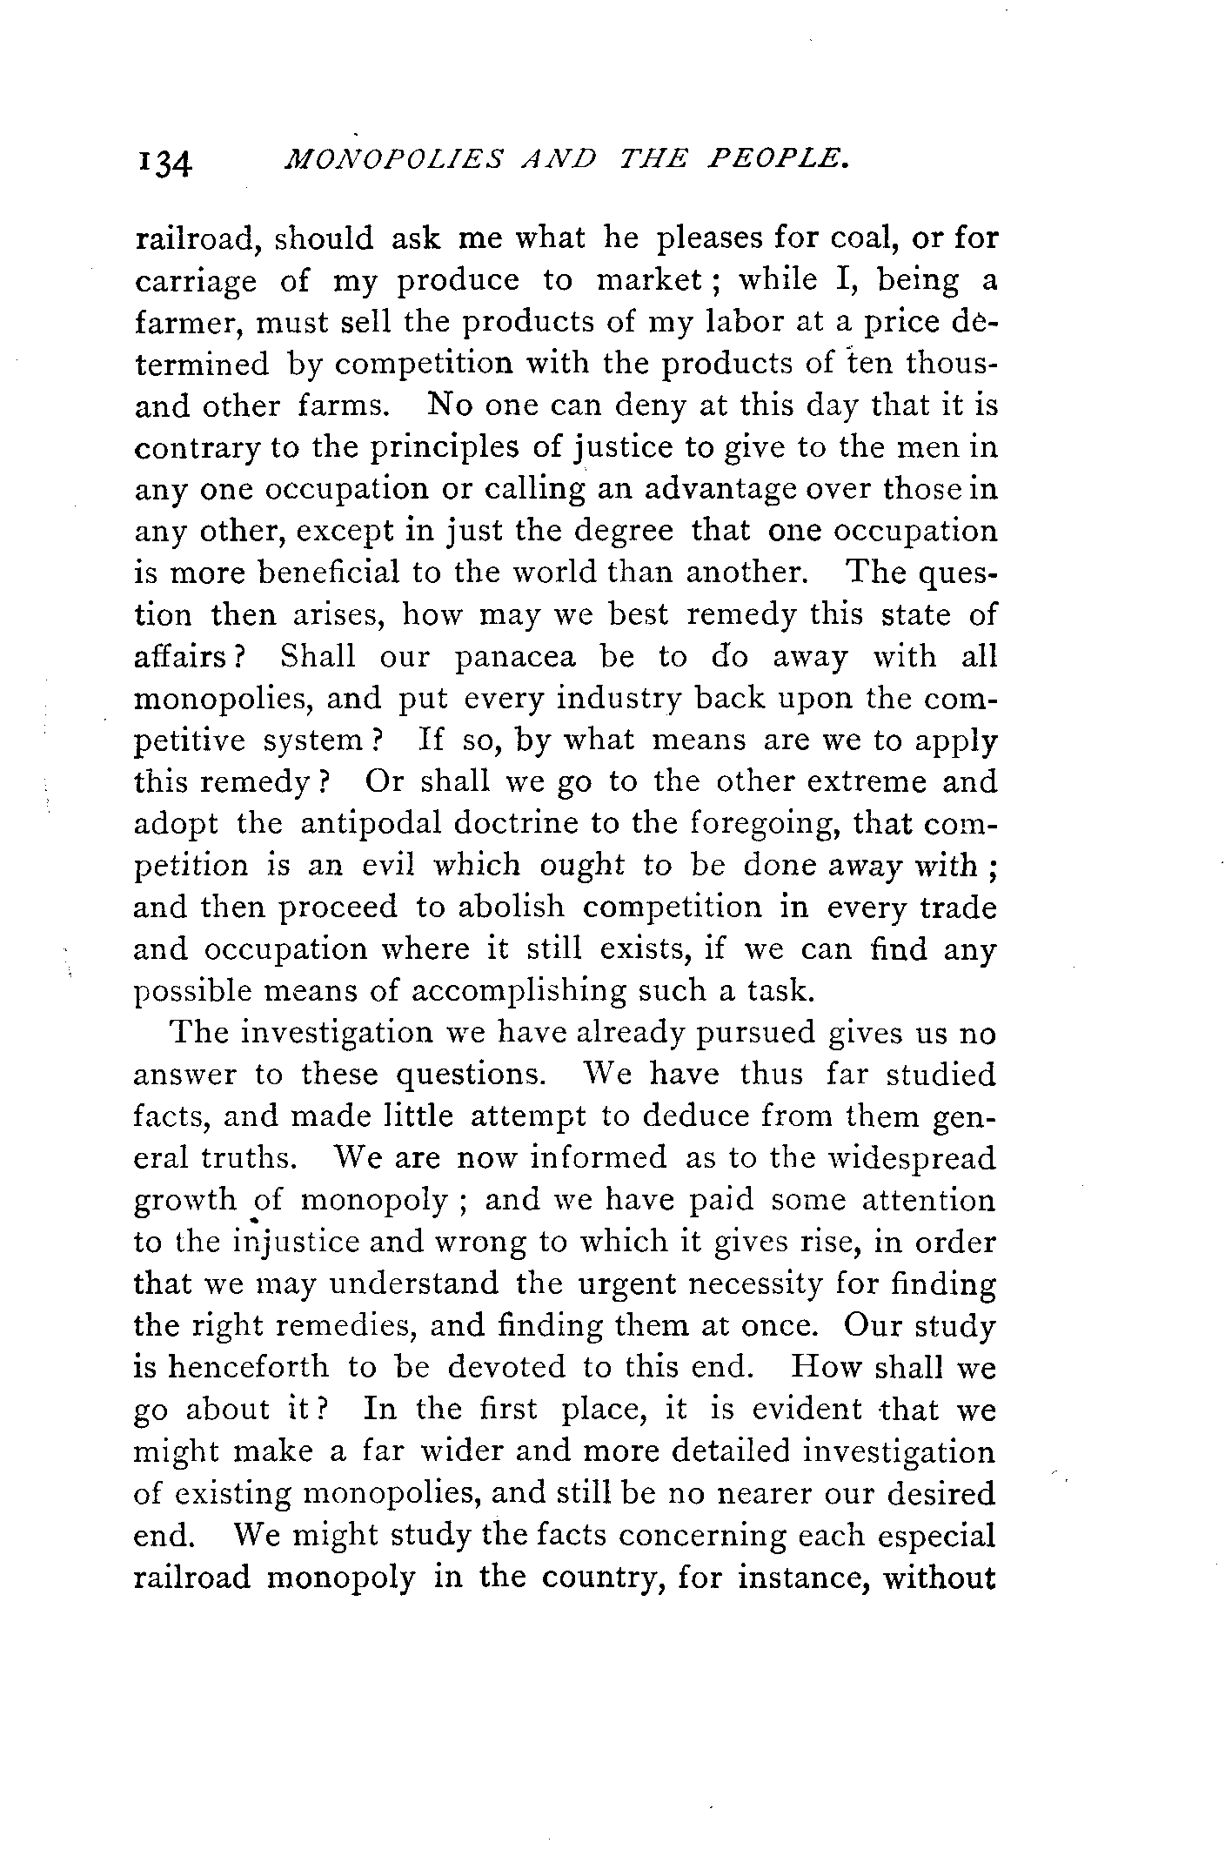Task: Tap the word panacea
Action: coord(516,656)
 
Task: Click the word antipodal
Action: coord(371,823)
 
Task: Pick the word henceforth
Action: coord(248,1367)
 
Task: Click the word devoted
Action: coord(507,1367)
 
